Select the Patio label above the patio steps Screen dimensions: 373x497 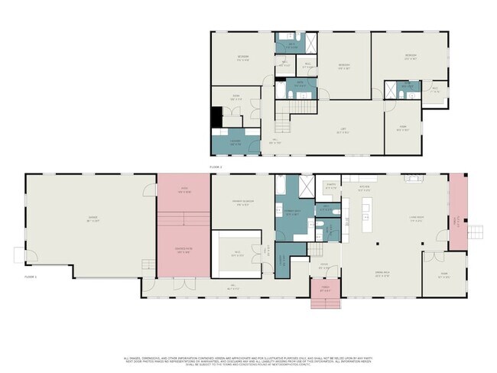coord(184,189)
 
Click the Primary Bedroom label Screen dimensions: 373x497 coord(242,203)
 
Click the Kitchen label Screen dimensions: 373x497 coord(365,189)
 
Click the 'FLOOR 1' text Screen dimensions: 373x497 coord(31,276)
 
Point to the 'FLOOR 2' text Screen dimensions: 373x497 coord(216,166)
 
